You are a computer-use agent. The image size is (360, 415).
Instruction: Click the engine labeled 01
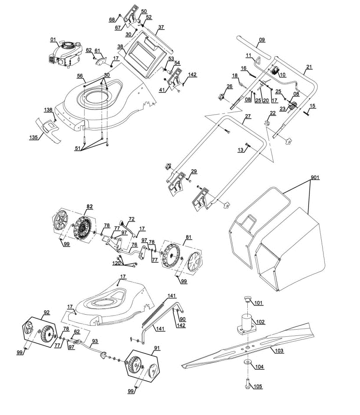pos(65,55)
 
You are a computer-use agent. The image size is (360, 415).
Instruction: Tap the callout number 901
pos(315,177)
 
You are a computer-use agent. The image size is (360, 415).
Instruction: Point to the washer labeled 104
pos(248,362)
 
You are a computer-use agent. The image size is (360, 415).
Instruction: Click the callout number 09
pos(262,40)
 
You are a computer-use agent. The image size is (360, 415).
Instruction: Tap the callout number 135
pos(33,137)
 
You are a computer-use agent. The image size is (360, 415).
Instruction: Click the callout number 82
pos(90,207)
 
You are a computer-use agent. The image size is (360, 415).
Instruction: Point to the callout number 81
pos(188,237)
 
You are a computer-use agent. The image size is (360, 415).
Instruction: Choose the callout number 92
pos(47,313)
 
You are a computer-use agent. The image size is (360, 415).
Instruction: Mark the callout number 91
pos(157,348)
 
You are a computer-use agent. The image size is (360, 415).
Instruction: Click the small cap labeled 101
pos(247,299)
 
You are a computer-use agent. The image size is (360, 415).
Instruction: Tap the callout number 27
pos(248,116)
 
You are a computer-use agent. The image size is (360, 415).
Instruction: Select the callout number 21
pos(309,67)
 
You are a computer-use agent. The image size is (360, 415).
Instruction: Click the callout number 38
pos(120,47)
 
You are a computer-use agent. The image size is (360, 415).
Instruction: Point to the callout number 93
pos(95,342)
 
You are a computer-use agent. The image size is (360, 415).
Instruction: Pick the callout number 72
pos(132,219)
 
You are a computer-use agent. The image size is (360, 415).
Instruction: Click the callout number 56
pos(80,76)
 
